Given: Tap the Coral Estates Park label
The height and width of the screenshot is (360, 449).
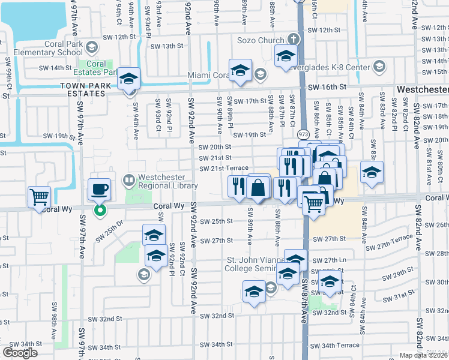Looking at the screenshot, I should [x=96, y=68].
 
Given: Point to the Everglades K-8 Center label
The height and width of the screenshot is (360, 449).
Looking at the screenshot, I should [x=336, y=67].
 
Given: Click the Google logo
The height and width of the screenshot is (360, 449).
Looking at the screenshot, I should [x=20, y=353].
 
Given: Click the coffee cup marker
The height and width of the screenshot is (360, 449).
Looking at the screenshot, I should [x=100, y=189].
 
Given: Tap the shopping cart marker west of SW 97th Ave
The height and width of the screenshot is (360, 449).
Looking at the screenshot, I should [x=39, y=196].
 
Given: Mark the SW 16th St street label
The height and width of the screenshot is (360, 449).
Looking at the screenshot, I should [x=328, y=88].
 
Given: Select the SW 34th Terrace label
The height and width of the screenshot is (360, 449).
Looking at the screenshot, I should [x=340, y=346].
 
